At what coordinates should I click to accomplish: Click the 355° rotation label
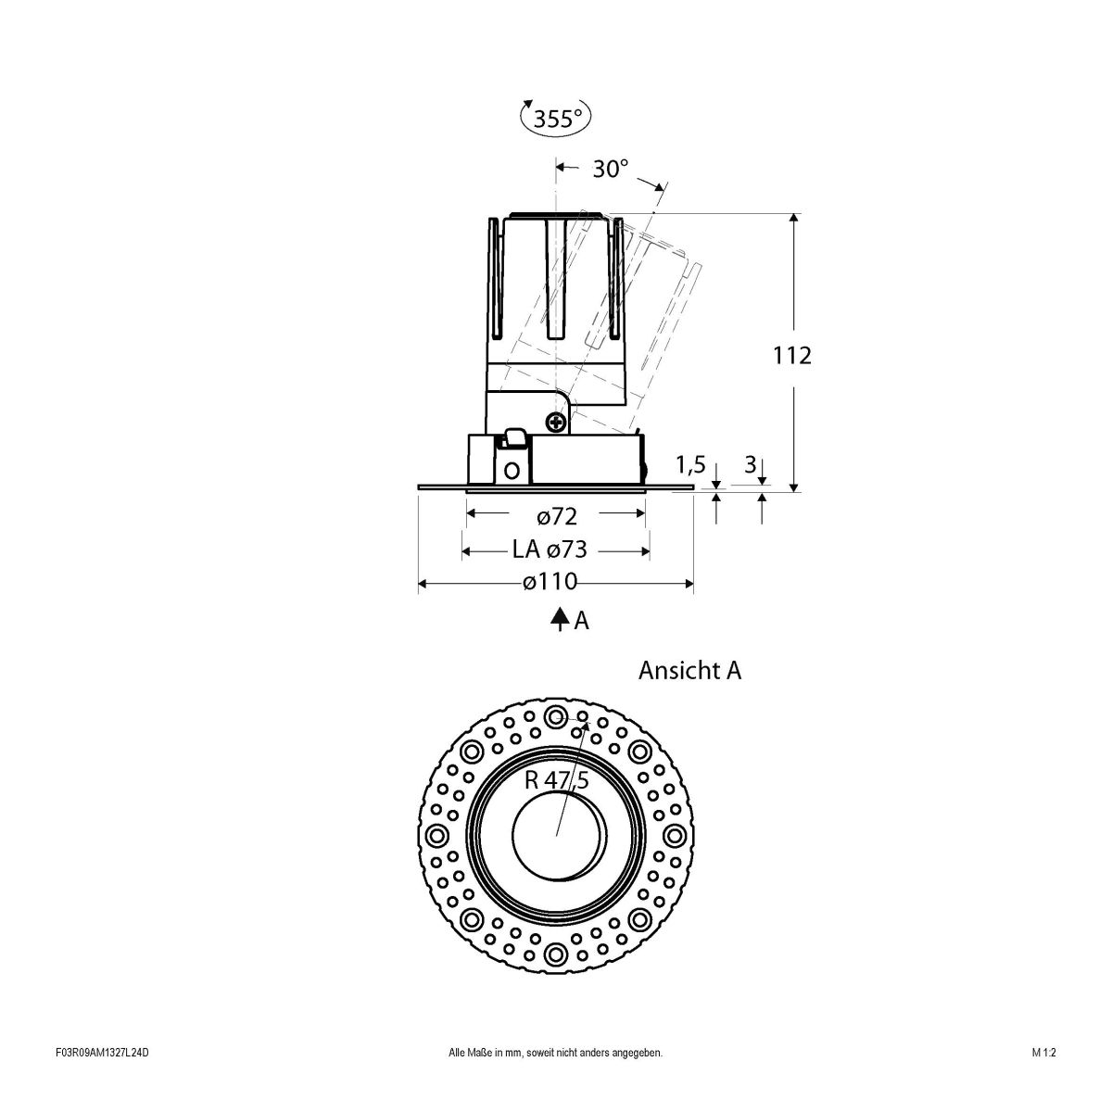click(x=557, y=119)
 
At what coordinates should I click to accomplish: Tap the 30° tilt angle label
click(x=611, y=169)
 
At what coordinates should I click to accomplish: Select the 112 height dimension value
click(x=792, y=355)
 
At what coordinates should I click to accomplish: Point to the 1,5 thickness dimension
click(x=691, y=463)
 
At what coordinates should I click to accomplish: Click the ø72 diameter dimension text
click(x=556, y=515)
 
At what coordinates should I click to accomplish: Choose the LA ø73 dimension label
click(x=550, y=550)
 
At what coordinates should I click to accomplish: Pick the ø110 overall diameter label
click(x=550, y=583)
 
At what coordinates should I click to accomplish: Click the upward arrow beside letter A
click(x=559, y=619)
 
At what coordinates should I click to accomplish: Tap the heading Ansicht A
click(x=689, y=671)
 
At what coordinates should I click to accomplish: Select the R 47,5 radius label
click(x=556, y=780)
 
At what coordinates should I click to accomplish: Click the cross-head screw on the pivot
click(x=557, y=423)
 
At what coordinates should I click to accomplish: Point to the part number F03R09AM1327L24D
click(x=102, y=1079)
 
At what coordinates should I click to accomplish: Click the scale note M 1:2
click(x=1043, y=1079)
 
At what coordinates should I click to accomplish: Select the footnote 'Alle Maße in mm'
click(x=555, y=1079)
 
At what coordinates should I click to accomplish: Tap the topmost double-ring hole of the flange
click(x=556, y=716)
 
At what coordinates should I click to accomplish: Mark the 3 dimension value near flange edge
click(x=750, y=464)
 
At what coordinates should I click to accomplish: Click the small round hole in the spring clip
click(x=511, y=469)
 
